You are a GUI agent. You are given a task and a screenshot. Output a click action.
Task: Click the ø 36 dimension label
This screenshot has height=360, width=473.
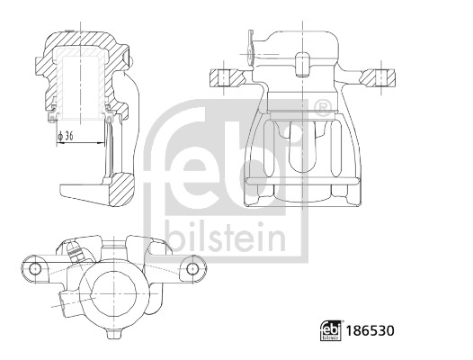pos(65,136)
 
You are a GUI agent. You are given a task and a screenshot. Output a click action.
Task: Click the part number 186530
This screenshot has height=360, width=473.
pos(370,331)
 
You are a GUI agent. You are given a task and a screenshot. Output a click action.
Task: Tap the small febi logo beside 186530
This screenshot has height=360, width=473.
pos(331,330)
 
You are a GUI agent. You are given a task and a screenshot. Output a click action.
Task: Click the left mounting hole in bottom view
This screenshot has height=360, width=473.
pos(36,268)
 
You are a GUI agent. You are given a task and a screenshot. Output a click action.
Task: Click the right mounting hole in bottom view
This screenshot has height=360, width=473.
pos(192,268)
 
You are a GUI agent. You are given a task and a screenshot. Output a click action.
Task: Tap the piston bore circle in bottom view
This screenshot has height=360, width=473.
pos(113,292)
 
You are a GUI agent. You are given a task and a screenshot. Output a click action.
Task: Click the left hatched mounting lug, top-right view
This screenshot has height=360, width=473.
pos(227,78)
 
